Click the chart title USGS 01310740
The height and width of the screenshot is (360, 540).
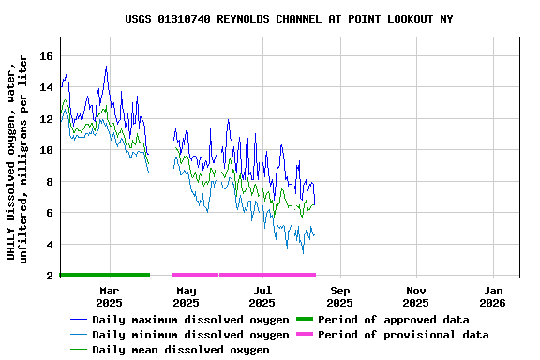pyautogui.click(x=289, y=19)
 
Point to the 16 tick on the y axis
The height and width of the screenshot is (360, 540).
pyautogui.click(x=46, y=56)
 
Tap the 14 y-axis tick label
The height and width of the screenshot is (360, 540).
pyautogui.click(x=46, y=87)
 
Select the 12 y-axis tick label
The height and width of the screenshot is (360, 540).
pyautogui.click(x=46, y=119)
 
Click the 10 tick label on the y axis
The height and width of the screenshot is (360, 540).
pyautogui.click(x=46, y=150)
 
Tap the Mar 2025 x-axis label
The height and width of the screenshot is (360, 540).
pyautogui.click(x=109, y=296)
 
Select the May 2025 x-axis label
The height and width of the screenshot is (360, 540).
pyautogui.click(x=186, y=296)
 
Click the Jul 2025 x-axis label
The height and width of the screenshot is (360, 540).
pyautogui.click(x=262, y=296)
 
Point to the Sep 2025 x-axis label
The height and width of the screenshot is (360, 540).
pyautogui.click(x=339, y=296)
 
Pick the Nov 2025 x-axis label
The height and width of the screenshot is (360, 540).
pyautogui.click(x=416, y=296)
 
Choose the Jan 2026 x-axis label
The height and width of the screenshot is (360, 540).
pyautogui.click(x=493, y=296)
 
